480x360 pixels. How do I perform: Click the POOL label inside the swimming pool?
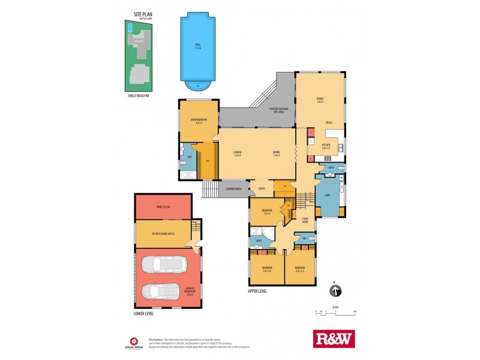point(197,46)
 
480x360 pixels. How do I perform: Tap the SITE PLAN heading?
point(145,14)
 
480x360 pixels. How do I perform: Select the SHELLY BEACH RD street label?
point(139,94)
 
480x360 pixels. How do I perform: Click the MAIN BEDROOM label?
point(199,120)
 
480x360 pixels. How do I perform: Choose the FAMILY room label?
point(320,100)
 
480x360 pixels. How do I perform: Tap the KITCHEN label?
point(326,145)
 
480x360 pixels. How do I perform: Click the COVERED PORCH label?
point(234,189)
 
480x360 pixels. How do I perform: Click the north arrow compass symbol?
point(335,291)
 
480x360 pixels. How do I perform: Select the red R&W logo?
point(334,338)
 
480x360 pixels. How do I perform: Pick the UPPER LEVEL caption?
point(257,291)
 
